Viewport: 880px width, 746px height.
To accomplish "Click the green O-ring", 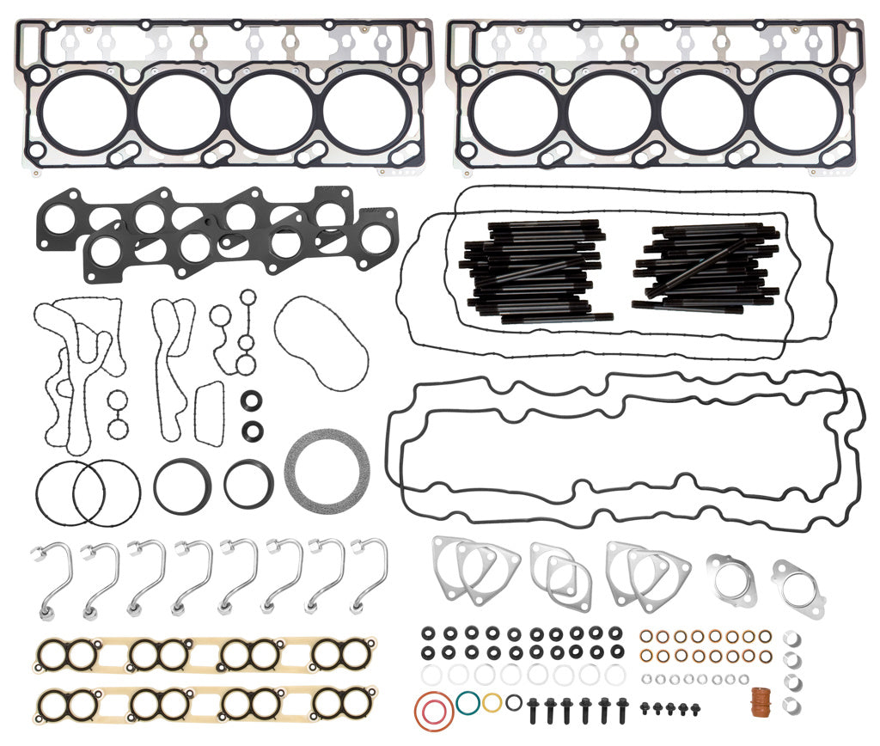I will tap(468, 702).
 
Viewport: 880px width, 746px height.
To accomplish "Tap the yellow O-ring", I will tap(492, 702).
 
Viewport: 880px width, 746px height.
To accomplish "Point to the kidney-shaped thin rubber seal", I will tap(321, 343).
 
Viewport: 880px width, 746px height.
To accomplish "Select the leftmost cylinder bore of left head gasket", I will tap(83, 111).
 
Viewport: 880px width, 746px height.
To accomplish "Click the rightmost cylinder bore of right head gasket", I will tap(795, 111).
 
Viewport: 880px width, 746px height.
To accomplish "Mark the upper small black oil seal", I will tap(253, 400).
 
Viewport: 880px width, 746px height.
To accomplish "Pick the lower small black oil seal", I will tap(253, 430).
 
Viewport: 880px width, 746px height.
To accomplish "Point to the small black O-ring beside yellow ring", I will tap(513, 702).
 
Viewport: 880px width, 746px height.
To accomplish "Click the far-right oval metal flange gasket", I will tap(797, 588).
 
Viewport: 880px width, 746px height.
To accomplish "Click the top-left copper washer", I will tap(647, 637).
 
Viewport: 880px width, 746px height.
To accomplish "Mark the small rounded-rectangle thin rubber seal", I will tap(209, 414).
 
